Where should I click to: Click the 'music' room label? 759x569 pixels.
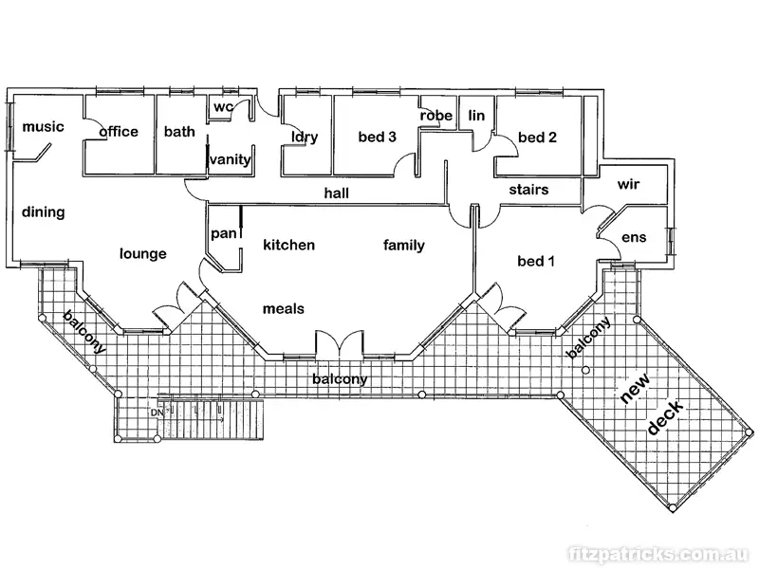pos(43,127)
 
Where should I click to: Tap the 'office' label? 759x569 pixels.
pos(119,132)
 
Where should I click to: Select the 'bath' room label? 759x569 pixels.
pos(179,132)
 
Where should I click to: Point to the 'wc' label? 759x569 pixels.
pos(223,106)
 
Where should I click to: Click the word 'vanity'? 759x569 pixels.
pos(231,159)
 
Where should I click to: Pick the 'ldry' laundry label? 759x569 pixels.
pos(305,137)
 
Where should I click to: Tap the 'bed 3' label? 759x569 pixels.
pos(377,137)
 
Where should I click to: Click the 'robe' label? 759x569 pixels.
pos(436,116)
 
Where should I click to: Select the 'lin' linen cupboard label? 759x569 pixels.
pos(476,116)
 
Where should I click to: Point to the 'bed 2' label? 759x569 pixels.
pos(538,138)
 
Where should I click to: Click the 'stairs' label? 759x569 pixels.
pos(528,190)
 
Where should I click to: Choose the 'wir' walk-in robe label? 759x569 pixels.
pos(630,184)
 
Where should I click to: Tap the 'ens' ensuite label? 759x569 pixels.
pos(633,237)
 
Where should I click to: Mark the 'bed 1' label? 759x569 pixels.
pos(536,261)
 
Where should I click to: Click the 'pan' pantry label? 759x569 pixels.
pos(223,233)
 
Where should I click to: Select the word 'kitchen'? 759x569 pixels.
pos(288,246)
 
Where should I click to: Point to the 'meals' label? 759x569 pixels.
pos(283,308)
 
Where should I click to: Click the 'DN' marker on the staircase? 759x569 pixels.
pos(156,412)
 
